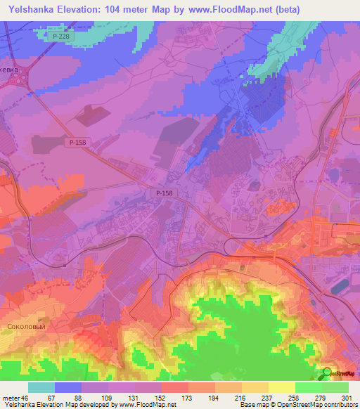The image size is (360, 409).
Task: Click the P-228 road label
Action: point(61,34)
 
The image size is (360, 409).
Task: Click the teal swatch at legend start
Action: point(41,387)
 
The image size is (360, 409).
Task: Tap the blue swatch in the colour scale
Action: point(67,387)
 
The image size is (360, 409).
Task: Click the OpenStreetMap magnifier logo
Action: point(328,372)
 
